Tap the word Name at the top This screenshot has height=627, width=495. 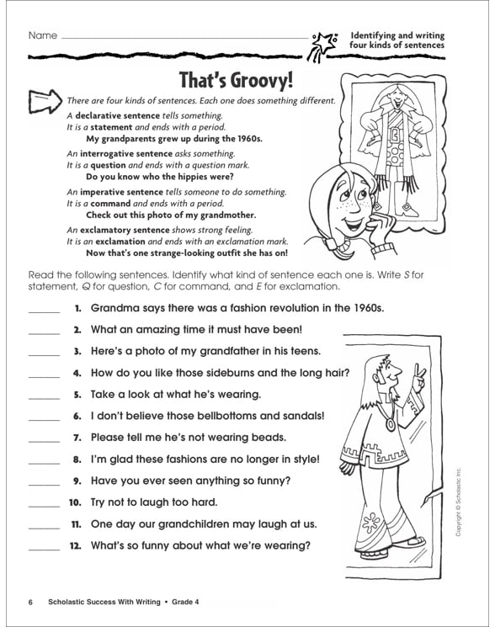[x=42, y=36]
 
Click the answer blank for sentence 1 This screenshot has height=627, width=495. [x=44, y=310]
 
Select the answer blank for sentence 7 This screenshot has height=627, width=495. [x=44, y=438]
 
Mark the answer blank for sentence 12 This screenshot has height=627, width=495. [x=44, y=546]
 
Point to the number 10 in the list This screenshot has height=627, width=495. [x=74, y=502]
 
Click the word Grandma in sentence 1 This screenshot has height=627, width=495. [x=114, y=308]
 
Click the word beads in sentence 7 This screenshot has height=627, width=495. [x=268, y=437]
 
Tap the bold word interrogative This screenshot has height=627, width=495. [x=113, y=154]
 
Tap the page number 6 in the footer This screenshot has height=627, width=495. [x=30, y=602]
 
